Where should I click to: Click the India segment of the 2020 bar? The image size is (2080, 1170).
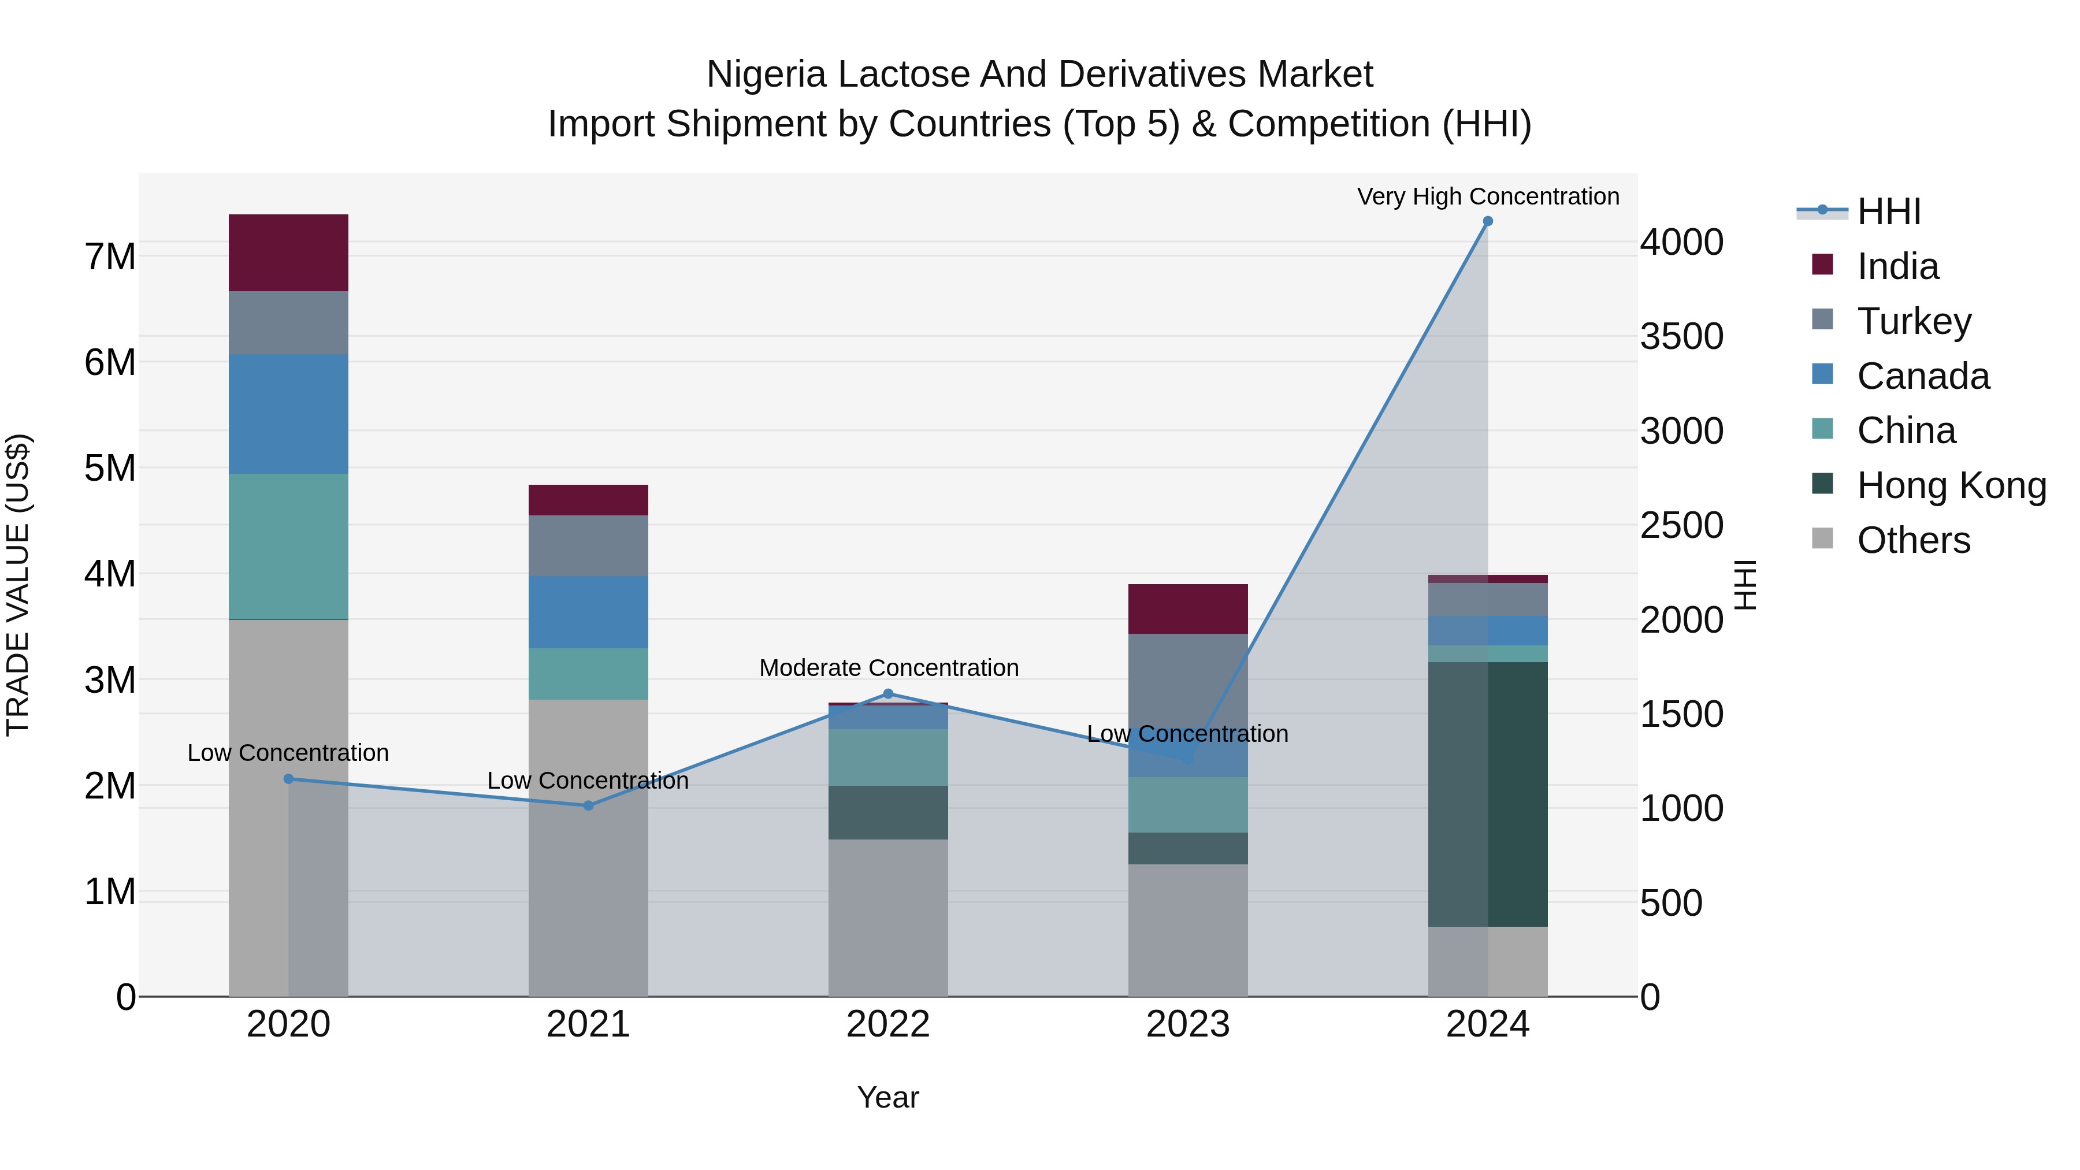[288, 252]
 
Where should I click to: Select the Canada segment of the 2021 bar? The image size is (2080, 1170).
[588, 611]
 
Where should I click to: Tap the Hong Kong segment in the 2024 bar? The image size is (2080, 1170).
[1487, 794]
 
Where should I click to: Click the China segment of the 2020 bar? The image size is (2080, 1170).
[288, 546]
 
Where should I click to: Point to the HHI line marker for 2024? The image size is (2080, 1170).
[1487, 221]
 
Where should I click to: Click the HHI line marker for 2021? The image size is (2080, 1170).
[588, 805]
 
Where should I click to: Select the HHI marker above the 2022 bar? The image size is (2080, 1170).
[888, 693]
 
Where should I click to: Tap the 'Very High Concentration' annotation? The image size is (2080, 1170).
[1487, 196]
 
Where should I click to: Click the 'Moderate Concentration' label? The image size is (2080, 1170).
[888, 668]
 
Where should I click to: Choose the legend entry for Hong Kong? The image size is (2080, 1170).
[1950, 485]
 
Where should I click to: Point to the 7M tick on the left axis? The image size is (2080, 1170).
[110, 257]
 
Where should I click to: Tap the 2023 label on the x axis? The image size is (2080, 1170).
[1187, 1024]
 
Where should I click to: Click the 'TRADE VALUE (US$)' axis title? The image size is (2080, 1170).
[18, 585]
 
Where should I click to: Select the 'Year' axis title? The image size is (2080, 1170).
[887, 1097]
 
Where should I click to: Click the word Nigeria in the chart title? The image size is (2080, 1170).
[766, 75]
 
